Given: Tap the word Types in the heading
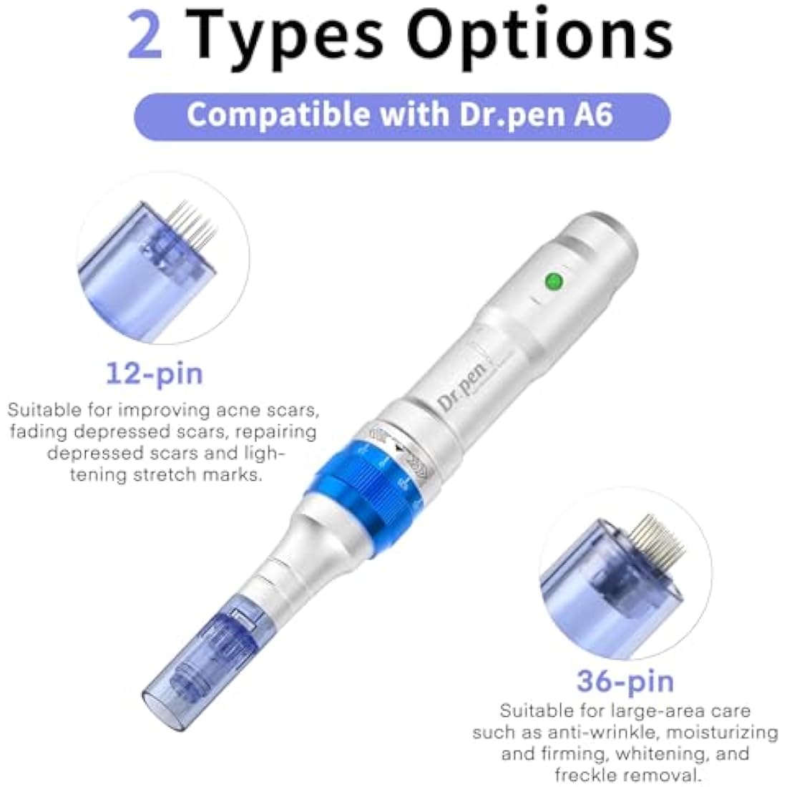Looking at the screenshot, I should (x=288, y=37).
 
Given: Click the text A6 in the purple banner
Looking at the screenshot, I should (x=592, y=115).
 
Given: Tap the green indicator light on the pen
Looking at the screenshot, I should (x=552, y=280).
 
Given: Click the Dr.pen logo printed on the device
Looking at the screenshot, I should (x=462, y=387).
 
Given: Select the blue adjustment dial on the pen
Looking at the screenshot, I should (x=364, y=466).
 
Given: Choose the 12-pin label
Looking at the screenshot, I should (x=154, y=373).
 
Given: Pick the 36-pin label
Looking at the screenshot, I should (x=625, y=681).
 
